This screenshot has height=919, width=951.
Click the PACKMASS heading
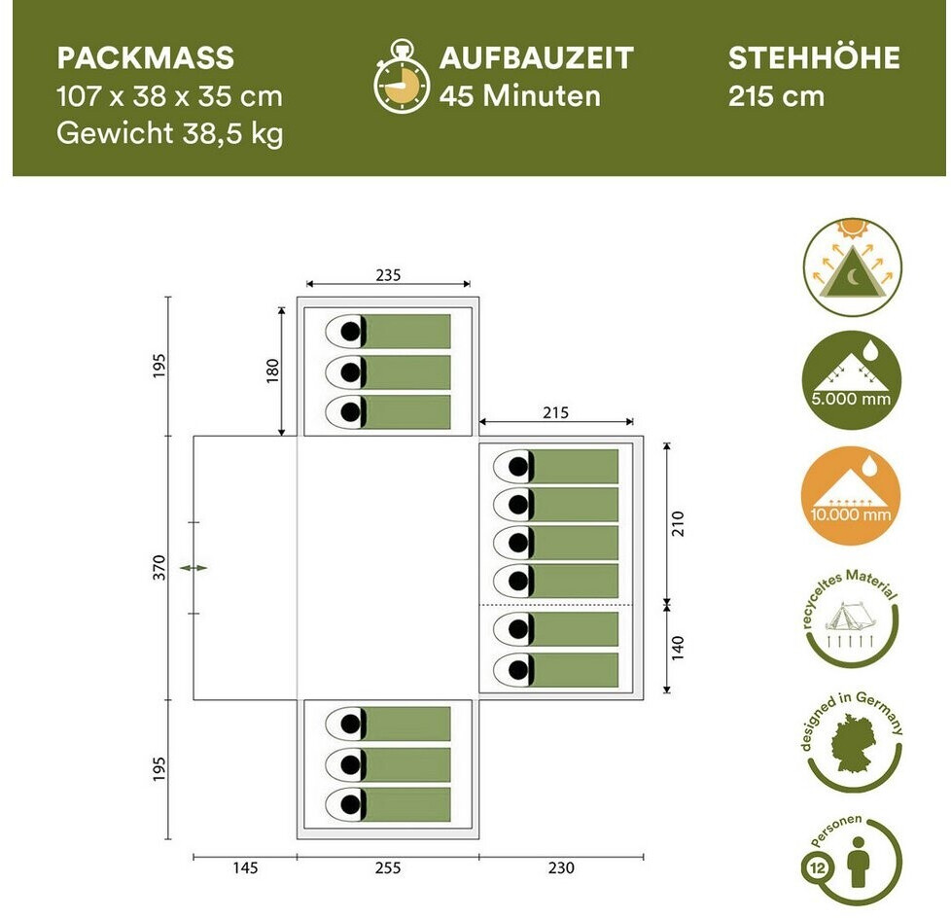(145, 58)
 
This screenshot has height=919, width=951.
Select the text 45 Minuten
(519, 96)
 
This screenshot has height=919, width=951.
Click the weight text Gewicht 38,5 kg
(169, 133)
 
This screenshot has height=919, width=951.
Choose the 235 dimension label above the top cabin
(388, 275)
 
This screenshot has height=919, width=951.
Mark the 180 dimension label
(272, 370)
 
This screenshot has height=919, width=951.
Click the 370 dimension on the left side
(159, 568)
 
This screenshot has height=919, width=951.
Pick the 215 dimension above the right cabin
(555, 413)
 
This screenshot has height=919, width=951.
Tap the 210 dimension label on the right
(677, 523)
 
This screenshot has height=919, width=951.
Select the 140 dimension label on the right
(677, 648)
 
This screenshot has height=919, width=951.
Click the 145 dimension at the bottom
(245, 868)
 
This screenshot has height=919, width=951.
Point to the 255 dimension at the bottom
(387, 868)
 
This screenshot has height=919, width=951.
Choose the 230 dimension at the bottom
(561, 868)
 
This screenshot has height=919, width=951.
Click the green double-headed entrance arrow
(199, 567)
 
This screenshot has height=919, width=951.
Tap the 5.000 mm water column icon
(852, 379)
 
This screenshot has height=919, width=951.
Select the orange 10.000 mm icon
(852, 494)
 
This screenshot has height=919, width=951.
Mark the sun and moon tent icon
(852, 265)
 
